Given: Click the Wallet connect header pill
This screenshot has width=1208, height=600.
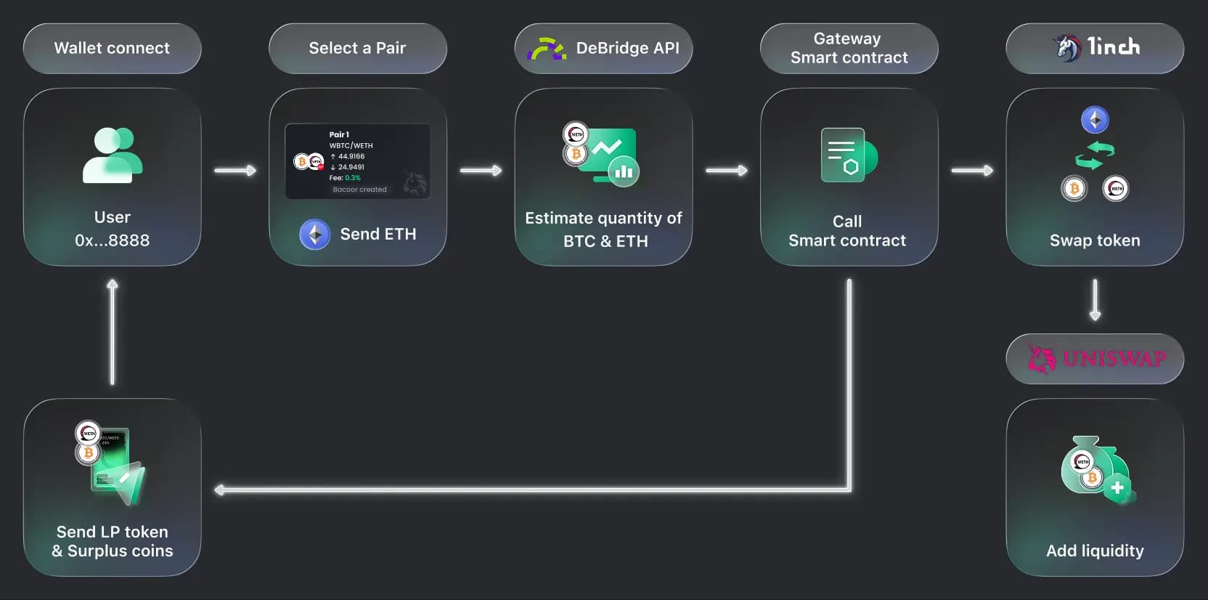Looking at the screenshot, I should [112, 48].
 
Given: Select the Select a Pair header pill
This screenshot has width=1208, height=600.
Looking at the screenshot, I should [357, 48].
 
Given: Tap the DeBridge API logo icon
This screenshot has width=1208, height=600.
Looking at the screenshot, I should [546, 49].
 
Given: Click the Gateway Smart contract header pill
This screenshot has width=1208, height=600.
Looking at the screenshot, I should [849, 48].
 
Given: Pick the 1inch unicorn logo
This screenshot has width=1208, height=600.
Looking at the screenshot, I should [1067, 48].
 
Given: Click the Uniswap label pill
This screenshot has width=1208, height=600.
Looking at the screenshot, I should [1095, 358].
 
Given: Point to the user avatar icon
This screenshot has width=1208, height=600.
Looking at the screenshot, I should [113, 155].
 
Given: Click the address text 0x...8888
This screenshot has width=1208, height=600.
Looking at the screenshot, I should [112, 240].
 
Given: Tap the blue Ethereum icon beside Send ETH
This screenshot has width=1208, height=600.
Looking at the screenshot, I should [315, 234].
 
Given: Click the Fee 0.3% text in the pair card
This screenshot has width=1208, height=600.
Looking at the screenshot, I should [345, 178].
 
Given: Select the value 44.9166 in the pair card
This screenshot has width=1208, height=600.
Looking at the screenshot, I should [351, 156].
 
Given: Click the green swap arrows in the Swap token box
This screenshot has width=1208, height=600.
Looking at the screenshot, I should [1094, 155].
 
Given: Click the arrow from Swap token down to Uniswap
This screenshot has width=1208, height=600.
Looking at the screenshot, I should [1095, 300].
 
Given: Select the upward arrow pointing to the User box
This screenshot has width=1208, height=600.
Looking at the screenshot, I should [112, 331].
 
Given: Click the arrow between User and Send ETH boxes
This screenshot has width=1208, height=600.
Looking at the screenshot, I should [235, 171].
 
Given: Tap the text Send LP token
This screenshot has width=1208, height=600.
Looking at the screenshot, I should [112, 532].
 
